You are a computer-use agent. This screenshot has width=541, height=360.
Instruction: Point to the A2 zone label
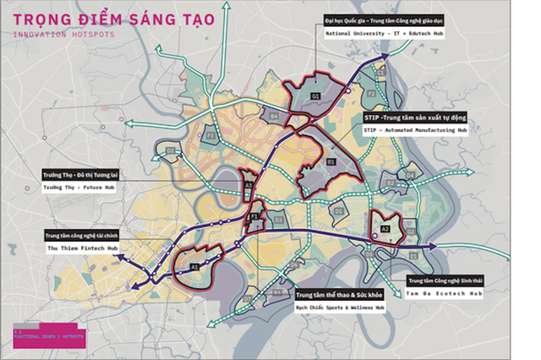[x=385, y=228]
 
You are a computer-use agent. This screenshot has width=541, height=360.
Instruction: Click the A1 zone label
[x=194, y=266]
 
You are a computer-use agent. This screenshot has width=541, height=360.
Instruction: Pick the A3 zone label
[x=248, y=184]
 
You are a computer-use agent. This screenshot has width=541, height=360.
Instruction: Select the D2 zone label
[x=170, y=151]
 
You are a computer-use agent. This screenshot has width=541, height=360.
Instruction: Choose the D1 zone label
[x=338, y=210]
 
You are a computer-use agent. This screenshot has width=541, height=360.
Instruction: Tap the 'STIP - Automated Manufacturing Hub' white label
[x=414, y=131]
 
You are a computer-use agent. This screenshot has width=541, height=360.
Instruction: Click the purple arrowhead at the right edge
[x=431, y=247]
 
